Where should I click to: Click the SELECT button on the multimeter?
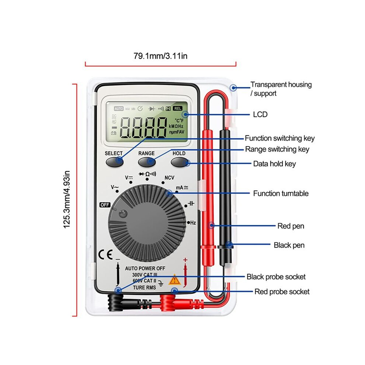click(x=115, y=162)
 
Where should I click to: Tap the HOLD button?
click(x=180, y=162)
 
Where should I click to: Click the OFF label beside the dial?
click(x=105, y=205)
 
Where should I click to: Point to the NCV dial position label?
click(x=169, y=178)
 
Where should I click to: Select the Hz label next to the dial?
click(x=193, y=223)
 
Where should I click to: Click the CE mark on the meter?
click(x=105, y=254)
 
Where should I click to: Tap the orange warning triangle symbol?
click(x=175, y=279)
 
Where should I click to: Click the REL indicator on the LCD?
click(x=177, y=108)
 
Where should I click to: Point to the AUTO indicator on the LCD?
click(x=118, y=108)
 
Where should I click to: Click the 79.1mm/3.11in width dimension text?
click(x=160, y=56)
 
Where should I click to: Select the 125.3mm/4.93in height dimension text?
click(x=67, y=199)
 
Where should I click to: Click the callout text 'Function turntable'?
click(x=281, y=194)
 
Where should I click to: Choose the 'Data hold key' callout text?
click(x=274, y=164)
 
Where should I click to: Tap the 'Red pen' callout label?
click(x=291, y=226)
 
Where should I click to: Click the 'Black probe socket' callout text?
click(x=276, y=277)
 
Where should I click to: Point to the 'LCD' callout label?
click(x=260, y=115)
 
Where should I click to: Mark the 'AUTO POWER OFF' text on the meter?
click(x=145, y=268)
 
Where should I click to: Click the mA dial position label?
click(x=182, y=188)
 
